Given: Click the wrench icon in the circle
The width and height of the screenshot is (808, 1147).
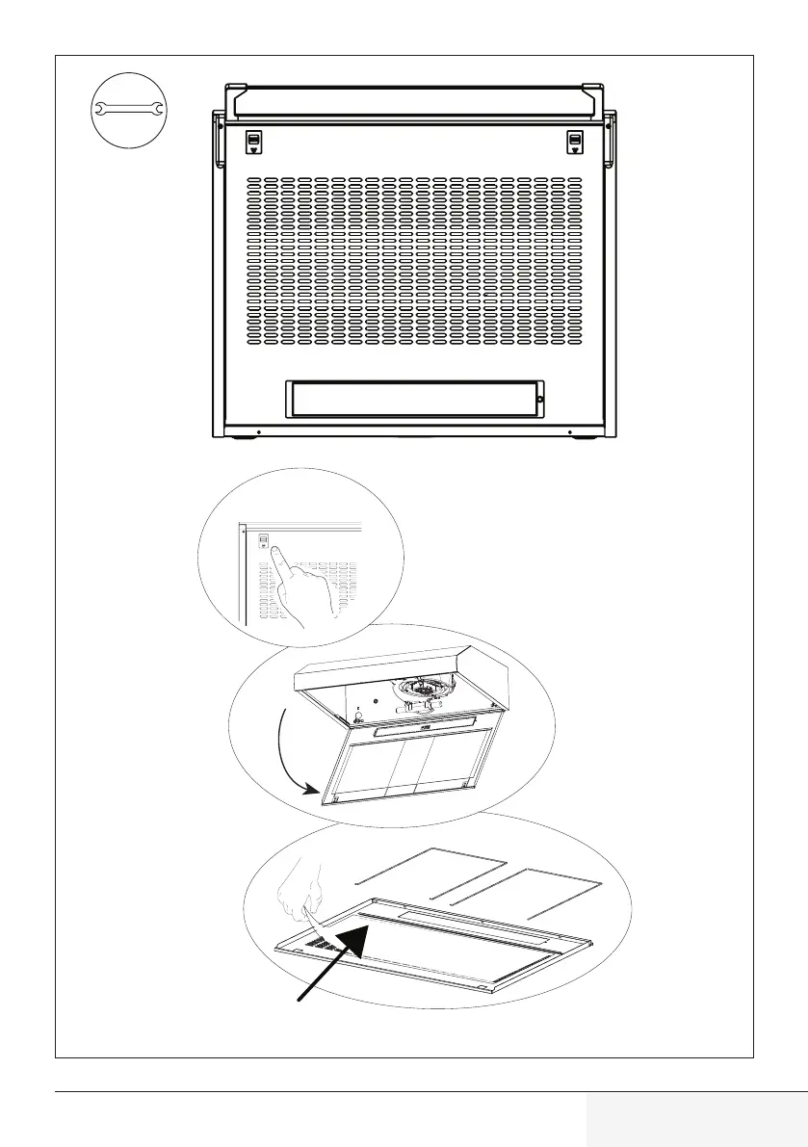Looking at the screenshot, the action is pyautogui.click(x=129, y=113).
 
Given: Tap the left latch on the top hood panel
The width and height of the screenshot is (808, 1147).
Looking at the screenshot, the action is pyautogui.click(x=252, y=143).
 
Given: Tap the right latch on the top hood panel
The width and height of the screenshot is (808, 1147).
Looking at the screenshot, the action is pyautogui.click(x=575, y=143).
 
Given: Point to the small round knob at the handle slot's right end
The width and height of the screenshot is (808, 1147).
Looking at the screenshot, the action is pyautogui.click(x=539, y=399).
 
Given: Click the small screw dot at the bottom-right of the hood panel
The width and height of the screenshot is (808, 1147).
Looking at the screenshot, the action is pyautogui.click(x=570, y=430).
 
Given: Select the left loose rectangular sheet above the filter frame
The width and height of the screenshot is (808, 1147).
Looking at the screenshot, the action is pyautogui.click(x=430, y=872).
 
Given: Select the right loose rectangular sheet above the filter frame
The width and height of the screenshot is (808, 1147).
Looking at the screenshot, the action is pyautogui.click(x=528, y=892).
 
